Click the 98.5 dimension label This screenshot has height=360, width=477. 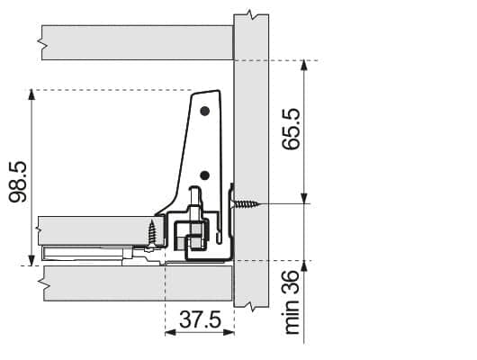coord(18,182)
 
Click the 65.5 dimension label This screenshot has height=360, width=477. coord(291,129)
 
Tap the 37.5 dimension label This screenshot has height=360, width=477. coord(200,319)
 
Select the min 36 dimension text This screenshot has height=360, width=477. coord(292,302)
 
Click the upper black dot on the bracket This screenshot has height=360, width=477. coord(205,111)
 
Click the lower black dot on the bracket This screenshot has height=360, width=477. coord(205,175)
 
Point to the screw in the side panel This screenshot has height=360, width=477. coord(246,204)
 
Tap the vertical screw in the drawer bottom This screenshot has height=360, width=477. coord(152,233)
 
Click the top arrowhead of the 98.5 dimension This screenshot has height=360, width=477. coord(31,94)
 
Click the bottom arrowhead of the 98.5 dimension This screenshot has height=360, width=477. coord(31,260)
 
